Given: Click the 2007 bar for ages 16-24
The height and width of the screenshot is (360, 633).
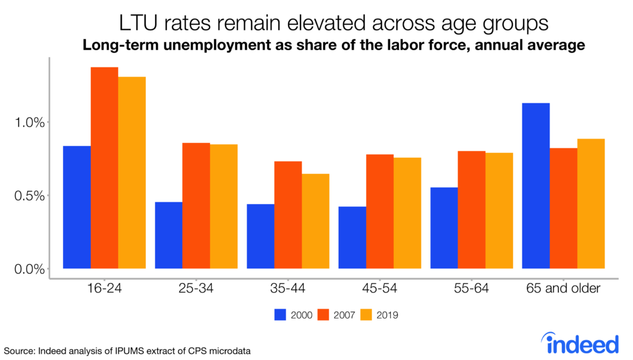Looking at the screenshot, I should point(104,168).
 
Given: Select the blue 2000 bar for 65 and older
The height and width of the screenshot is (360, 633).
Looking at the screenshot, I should point(536,186).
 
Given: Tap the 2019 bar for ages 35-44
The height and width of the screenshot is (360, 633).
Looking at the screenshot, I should point(315,221).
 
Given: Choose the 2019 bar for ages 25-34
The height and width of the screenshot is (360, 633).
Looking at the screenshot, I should point(224,206).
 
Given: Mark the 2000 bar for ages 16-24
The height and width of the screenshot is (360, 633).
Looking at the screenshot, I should point(77,207).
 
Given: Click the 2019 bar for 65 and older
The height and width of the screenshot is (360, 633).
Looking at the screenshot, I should point(591,204).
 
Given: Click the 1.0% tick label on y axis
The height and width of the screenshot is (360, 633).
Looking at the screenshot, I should point(29,122).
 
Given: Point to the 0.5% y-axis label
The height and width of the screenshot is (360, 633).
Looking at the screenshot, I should point(29,196).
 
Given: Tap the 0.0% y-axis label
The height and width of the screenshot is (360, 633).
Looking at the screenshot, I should point(29,269).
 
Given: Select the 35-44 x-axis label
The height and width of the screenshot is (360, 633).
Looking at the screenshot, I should point(288,289).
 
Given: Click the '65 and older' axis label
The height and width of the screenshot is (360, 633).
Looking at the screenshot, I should point(563,289).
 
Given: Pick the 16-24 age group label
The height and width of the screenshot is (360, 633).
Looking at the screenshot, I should point(104,289).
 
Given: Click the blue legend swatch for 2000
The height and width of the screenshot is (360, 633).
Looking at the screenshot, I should point(280,315).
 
